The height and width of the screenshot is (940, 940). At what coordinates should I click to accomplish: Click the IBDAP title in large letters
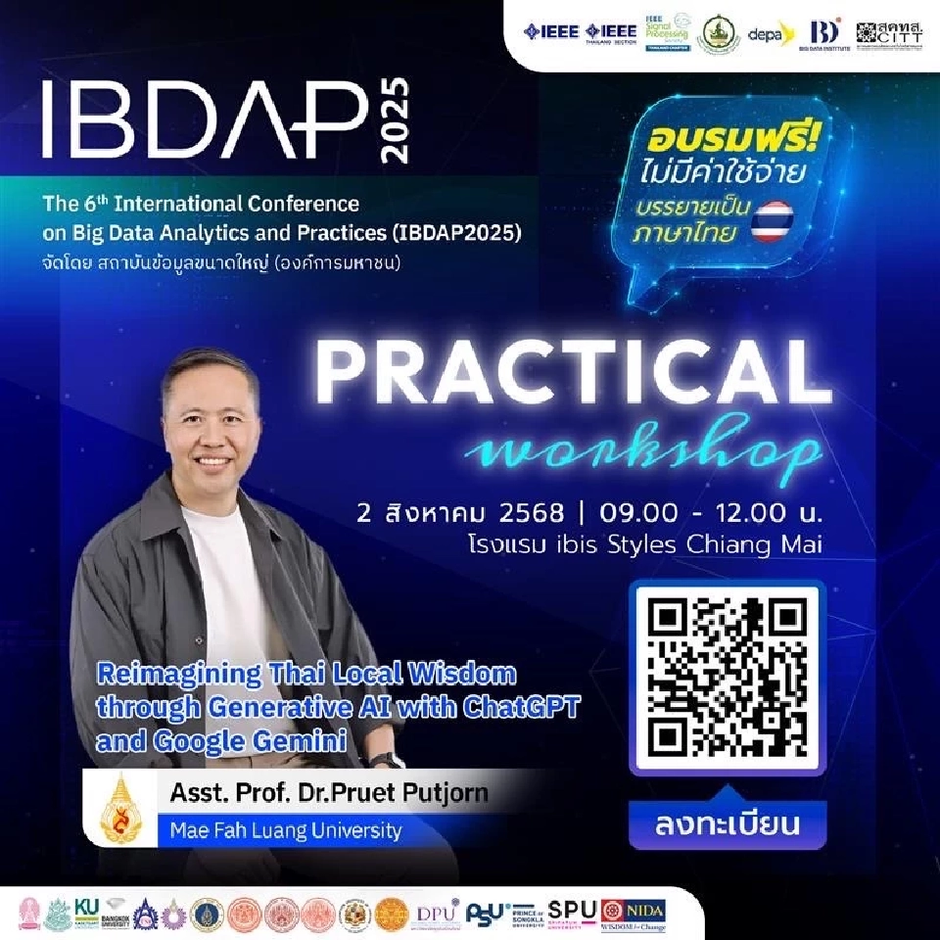[201, 119]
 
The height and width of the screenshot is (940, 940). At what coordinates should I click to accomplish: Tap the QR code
[727, 677]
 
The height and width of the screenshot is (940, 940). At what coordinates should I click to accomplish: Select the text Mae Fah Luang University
[286, 830]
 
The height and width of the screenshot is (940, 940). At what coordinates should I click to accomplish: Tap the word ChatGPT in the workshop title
[524, 707]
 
